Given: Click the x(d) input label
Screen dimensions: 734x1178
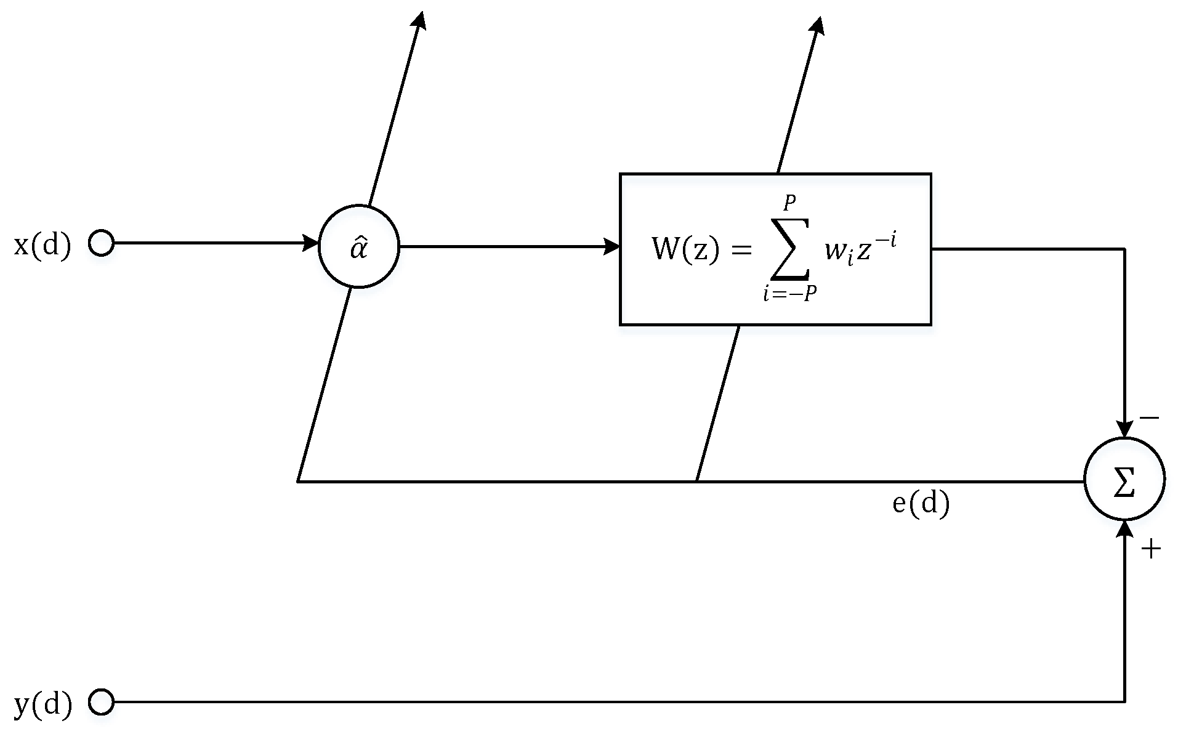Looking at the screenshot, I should click(x=42, y=246).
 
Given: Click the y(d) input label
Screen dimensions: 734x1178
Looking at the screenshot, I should click(x=42, y=703).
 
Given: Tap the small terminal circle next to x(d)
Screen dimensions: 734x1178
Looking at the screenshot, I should click(x=101, y=243).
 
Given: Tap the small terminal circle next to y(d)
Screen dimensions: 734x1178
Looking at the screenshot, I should click(x=101, y=701).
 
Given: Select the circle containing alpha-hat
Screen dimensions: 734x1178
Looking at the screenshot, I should click(x=359, y=246).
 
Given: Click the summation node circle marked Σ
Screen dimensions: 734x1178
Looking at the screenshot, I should click(x=1124, y=479).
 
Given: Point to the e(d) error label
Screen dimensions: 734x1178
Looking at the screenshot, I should click(x=921, y=504).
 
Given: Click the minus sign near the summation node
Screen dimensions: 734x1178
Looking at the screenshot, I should click(x=1149, y=419).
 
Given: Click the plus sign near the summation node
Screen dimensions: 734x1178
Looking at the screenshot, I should click(x=1150, y=549).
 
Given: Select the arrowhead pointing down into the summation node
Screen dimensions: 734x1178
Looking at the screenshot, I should click(x=1124, y=429).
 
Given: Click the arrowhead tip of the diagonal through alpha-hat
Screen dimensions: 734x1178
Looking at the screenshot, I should click(x=421, y=18).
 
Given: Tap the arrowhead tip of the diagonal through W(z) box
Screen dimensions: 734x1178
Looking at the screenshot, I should click(x=818, y=25).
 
